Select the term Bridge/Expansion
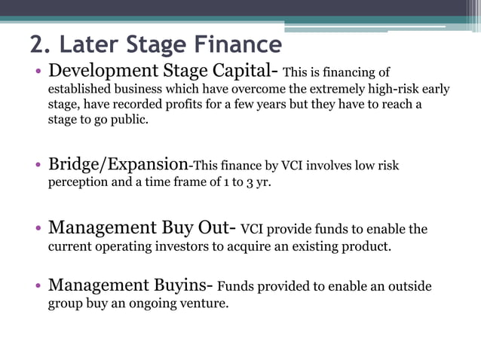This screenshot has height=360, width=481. coord(118,164)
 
